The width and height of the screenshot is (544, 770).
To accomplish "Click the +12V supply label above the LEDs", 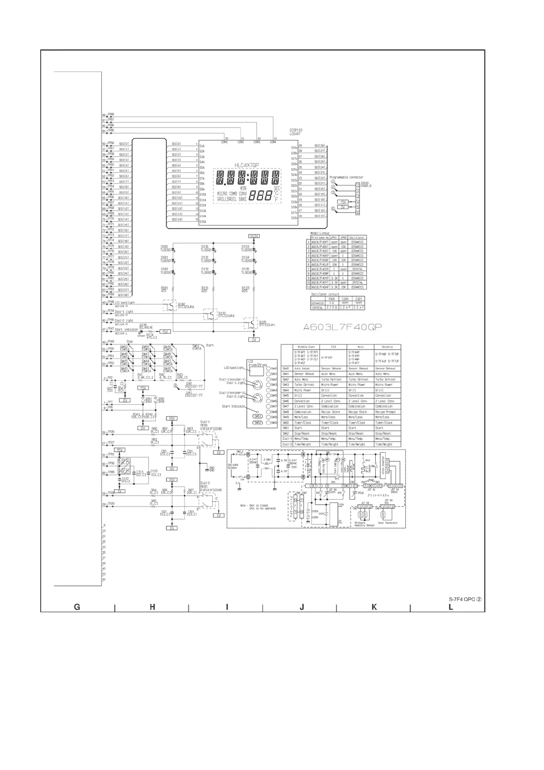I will pyautogui.click(x=254, y=236).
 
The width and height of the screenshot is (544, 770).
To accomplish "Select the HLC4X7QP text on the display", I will pyautogui.click(x=247, y=166).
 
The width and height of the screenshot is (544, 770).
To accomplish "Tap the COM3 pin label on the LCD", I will pyautogui.click(x=257, y=142).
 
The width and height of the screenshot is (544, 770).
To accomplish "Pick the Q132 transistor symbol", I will pyautogui.click(x=210, y=314).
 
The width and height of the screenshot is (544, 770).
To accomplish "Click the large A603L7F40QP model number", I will pyautogui.click(x=343, y=327).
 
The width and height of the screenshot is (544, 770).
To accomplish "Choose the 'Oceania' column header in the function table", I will pyautogui.click(x=387, y=347).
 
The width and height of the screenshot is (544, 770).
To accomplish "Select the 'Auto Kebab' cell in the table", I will pyautogui.click(x=302, y=369).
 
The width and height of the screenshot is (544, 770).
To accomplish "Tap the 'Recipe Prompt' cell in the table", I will pyautogui.click(x=387, y=412).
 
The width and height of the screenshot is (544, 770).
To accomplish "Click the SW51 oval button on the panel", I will pyautogui.click(x=258, y=417).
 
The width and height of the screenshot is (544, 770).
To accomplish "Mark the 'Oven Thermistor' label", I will pyautogui.click(x=388, y=523).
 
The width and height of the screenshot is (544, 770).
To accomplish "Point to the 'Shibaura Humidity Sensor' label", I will pyautogui.click(x=364, y=524).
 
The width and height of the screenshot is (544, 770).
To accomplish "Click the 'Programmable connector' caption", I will pyautogui.click(x=346, y=177).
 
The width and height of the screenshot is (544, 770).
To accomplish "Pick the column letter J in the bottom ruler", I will pyautogui.click(x=302, y=607).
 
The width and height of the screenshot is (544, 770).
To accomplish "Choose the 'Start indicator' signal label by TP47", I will pyautogui.click(x=126, y=329).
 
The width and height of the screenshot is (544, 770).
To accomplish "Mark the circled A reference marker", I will pyautogui.click(x=176, y=386).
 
